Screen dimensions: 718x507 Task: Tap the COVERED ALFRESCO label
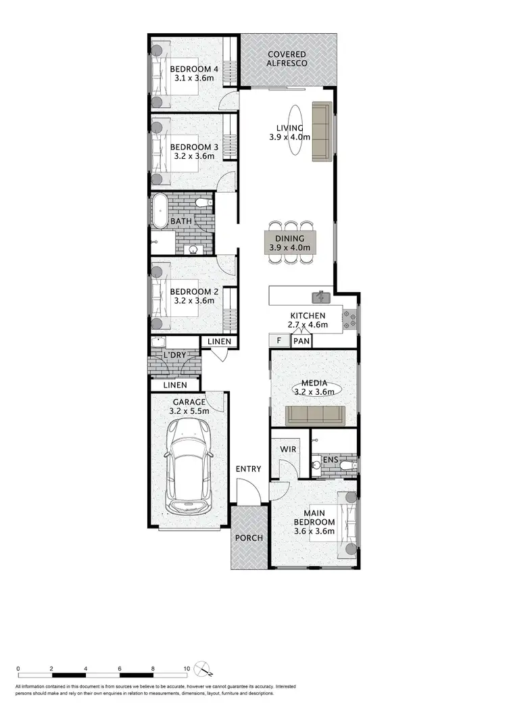tap(287, 59)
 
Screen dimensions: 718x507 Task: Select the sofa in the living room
tap(322, 132)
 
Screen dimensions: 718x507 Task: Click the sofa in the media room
tap(315, 414)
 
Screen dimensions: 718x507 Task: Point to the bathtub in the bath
tap(160, 212)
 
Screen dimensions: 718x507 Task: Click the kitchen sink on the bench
tap(319, 296)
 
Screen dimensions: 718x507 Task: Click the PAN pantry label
tap(301, 341)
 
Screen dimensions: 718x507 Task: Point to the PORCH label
tap(249, 538)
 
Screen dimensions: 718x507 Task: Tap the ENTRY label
tap(248, 469)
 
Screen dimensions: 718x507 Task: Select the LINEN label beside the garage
tap(174, 385)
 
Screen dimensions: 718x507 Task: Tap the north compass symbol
tap(203, 669)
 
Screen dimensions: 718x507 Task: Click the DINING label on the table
tap(290, 239)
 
